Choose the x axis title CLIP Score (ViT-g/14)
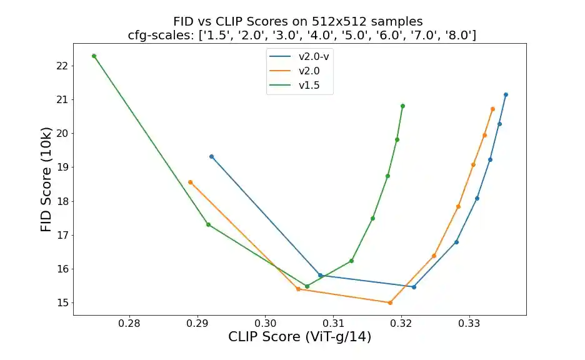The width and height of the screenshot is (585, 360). [x=299, y=337]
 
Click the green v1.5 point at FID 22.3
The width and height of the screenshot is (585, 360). [x=94, y=56]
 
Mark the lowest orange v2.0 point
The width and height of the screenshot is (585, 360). [x=390, y=302]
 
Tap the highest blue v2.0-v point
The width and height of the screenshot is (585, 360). [x=506, y=94]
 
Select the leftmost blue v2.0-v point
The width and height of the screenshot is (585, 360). [x=211, y=156]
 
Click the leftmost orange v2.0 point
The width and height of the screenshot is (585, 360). [x=190, y=182]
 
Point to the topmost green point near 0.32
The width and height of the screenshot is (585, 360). [x=402, y=106]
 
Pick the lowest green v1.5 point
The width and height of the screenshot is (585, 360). [x=307, y=286]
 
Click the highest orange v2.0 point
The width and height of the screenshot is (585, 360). [x=492, y=109]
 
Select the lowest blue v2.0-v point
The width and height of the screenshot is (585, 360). [x=414, y=287]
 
